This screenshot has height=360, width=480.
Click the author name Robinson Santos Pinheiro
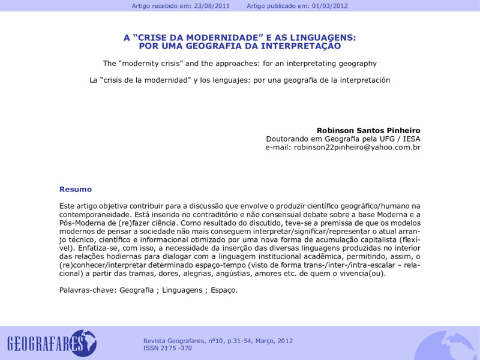click(x=368, y=130)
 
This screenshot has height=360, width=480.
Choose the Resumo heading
click(x=76, y=189)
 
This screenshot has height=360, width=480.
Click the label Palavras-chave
click(x=88, y=290)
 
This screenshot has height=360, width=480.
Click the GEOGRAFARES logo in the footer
click(x=52, y=343)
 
